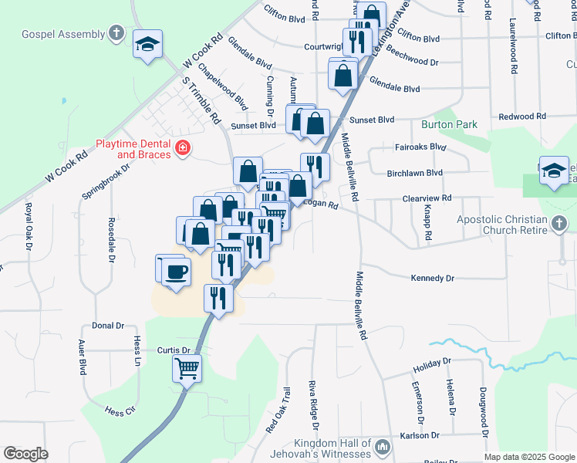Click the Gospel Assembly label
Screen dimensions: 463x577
(x=62, y=34)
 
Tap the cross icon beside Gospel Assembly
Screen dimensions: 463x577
(x=116, y=33)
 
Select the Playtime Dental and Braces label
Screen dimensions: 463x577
(x=133, y=148)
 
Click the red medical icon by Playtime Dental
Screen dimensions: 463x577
(x=183, y=147)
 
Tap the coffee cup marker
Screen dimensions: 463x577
(x=177, y=274)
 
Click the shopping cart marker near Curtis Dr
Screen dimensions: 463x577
(x=187, y=370)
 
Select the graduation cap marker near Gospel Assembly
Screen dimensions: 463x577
(x=147, y=45)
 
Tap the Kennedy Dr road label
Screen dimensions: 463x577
(x=433, y=278)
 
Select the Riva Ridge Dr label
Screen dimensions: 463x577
(x=313, y=404)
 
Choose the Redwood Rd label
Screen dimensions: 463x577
(x=522, y=116)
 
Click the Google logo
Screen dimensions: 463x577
(x=25, y=454)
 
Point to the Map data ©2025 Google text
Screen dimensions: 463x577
(x=528, y=457)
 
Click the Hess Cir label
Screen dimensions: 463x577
(x=120, y=411)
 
